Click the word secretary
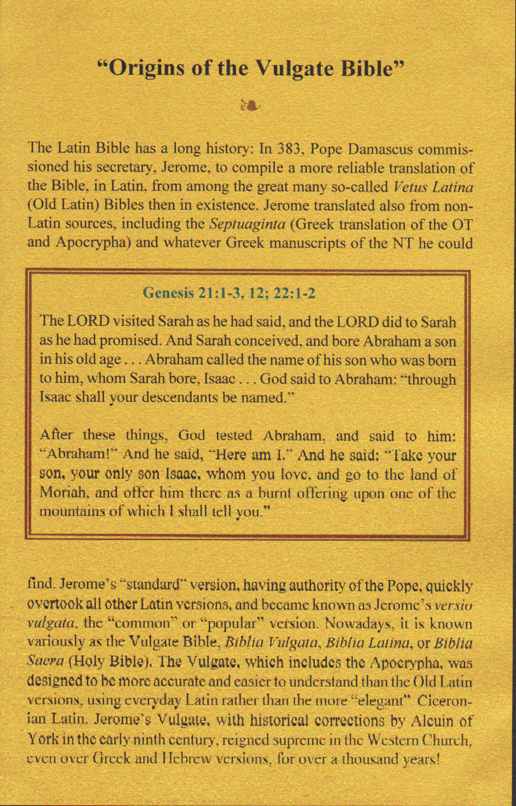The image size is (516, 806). click(x=125, y=168)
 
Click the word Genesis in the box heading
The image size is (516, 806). click(x=169, y=292)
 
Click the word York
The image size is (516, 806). click(x=43, y=740)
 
